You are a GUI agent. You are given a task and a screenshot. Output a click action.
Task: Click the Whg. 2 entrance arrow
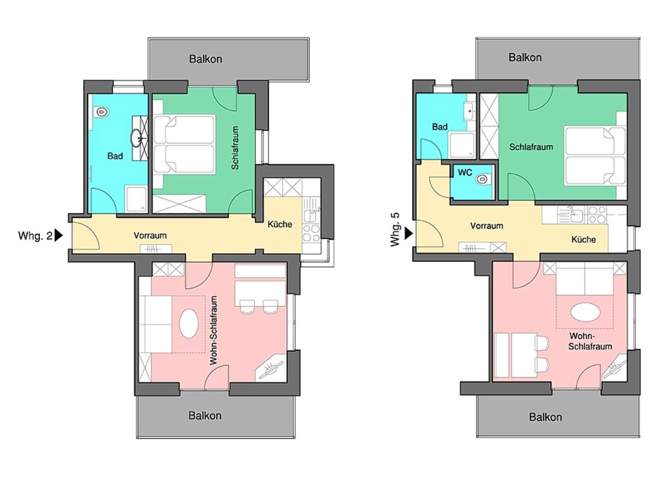[59, 236]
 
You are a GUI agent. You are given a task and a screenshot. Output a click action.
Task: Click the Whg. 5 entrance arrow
[408, 233]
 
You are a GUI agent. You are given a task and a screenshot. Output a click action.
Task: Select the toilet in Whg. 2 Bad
[101, 112]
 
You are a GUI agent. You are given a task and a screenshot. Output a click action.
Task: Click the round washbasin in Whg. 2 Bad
[137, 138]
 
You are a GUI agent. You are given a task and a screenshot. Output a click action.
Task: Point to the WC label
[465, 172]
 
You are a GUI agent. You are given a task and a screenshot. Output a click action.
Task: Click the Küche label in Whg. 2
[280, 224]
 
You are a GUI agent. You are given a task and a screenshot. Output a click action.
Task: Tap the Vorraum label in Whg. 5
[487, 226]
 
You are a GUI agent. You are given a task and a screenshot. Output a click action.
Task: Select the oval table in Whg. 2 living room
[189, 324]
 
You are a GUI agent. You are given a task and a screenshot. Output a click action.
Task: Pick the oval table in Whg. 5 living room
[585, 312]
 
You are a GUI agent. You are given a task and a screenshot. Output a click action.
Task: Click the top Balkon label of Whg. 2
[206, 59]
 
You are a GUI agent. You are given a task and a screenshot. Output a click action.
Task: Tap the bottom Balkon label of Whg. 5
[545, 417]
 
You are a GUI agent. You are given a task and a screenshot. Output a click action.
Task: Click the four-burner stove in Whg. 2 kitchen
[311, 233]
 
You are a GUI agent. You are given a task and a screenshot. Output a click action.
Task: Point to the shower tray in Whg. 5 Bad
[462, 145]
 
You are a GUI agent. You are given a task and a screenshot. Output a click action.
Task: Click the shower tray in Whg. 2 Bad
[136, 199]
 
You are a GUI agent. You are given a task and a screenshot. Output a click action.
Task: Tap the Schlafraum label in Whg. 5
[531, 147]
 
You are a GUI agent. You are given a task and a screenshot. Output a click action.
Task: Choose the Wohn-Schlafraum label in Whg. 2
[214, 330]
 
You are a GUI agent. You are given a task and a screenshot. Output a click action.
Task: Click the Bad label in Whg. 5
[439, 126]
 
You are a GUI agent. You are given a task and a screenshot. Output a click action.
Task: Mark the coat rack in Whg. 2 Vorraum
[156, 248]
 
